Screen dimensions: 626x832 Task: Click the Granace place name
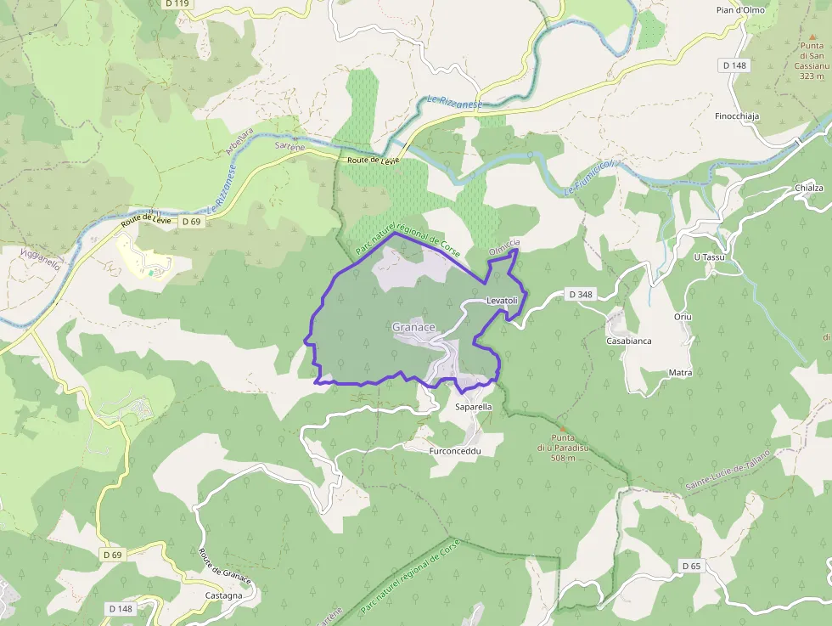(x=413, y=327)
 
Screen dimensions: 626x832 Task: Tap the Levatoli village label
(x=502, y=302)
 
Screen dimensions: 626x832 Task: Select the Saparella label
(x=474, y=408)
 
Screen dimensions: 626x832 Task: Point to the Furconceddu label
(x=456, y=451)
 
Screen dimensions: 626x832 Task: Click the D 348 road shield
(x=581, y=295)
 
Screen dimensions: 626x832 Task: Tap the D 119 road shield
(x=177, y=3)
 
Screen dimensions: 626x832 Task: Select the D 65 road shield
(x=691, y=566)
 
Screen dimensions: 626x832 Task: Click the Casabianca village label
(x=629, y=341)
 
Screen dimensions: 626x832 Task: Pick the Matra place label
(x=680, y=373)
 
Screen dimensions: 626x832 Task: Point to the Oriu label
(x=683, y=317)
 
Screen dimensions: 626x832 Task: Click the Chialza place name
(x=809, y=188)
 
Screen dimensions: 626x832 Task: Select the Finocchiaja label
(x=737, y=116)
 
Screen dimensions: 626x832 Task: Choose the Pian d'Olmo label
(x=742, y=10)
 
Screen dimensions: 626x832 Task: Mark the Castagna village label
(x=224, y=595)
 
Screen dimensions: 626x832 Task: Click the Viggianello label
(x=40, y=259)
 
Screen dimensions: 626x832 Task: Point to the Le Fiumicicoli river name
(x=588, y=178)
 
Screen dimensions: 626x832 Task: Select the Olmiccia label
(x=504, y=247)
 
